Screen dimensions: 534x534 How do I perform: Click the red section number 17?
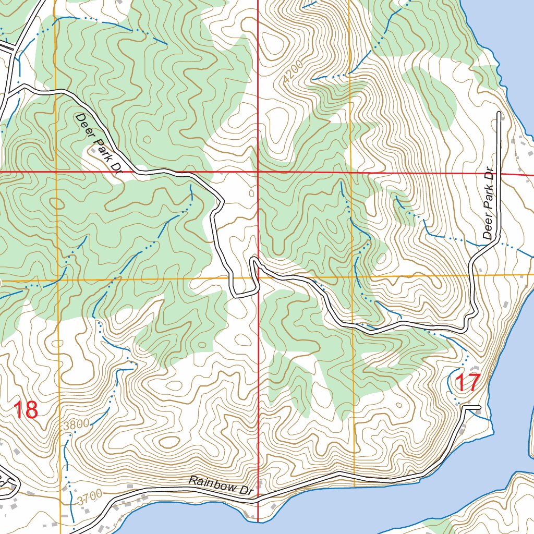click(x=467, y=383)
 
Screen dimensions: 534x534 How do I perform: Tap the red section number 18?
click(x=26, y=410)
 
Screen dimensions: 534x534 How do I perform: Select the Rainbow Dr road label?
click(x=221, y=485)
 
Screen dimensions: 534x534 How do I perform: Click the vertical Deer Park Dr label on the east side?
click(x=489, y=203)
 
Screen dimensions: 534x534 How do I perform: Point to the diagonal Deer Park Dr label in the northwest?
click(x=99, y=143)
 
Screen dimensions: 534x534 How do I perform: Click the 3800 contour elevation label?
click(x=76, y=424)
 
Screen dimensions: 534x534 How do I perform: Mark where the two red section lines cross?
click(x=258, y=172)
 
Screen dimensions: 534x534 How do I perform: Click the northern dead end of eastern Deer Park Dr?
click(x=500, y=113)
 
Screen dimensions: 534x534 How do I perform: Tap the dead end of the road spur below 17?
click(x=479, y=406)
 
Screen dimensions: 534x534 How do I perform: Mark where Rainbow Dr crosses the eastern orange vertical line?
click(x=354, y=476)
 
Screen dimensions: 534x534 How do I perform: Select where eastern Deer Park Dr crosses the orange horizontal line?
click(x=472, y=275)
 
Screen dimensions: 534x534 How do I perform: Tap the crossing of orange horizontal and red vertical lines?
click(x=258, y=277)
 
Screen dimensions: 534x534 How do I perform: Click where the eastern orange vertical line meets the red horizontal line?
click(x=351, y=172)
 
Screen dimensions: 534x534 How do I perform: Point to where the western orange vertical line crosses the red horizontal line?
click(x=55, y=171)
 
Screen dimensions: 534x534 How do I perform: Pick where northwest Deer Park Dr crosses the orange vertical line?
click(x=55, y=91)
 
